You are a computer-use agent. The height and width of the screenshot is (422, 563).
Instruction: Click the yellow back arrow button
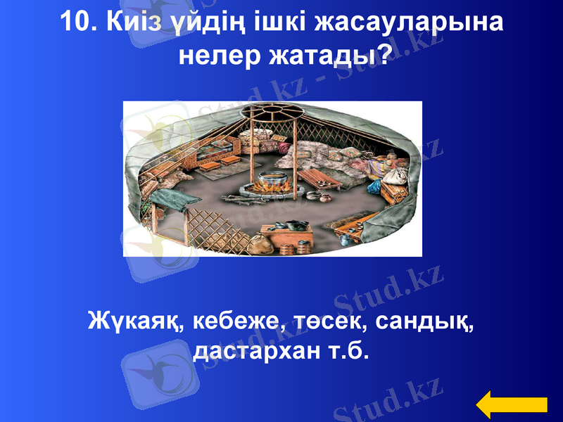tap(512, 405)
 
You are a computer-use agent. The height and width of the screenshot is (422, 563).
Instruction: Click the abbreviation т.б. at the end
tap(347, 350)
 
